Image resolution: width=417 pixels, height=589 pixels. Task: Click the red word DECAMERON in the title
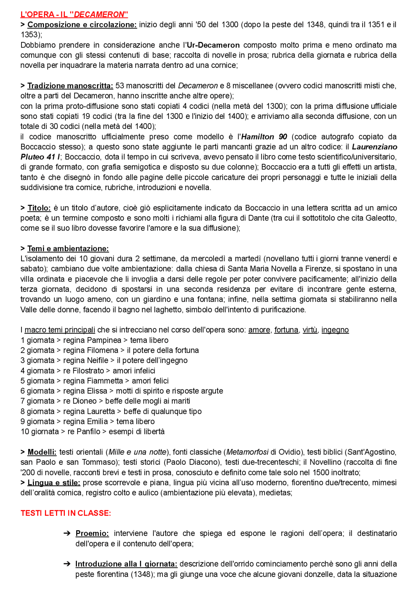point(100,14)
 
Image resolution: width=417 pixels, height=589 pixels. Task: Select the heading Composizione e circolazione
point(82,25)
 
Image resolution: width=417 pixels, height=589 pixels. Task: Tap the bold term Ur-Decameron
point(213,45)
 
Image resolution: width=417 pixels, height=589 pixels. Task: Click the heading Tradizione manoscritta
point(70,86)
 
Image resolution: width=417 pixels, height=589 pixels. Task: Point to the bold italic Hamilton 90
point(264,137)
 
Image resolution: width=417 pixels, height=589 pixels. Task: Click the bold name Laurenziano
point(374,147)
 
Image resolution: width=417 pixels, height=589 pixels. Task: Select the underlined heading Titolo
point(39,208)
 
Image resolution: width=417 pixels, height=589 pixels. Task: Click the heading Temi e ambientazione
point(68,249)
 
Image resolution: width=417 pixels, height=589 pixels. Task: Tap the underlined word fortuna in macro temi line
point(286,330)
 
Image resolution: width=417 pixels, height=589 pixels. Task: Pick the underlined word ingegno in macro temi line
point(335,330)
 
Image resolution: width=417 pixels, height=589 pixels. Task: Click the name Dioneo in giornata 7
point(84,401)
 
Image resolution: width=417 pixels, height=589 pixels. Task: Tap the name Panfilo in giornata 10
point(88,432)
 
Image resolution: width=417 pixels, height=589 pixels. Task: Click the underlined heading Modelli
point(42,452)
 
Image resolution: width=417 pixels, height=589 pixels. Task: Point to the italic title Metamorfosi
point(247,452)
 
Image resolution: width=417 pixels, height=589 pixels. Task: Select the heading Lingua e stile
point(54,482)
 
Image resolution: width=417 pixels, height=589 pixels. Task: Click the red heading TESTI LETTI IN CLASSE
point(66,513)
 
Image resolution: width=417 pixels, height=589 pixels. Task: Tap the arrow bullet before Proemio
point(67,533)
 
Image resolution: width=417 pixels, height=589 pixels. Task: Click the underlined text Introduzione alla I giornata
point(126,564)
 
